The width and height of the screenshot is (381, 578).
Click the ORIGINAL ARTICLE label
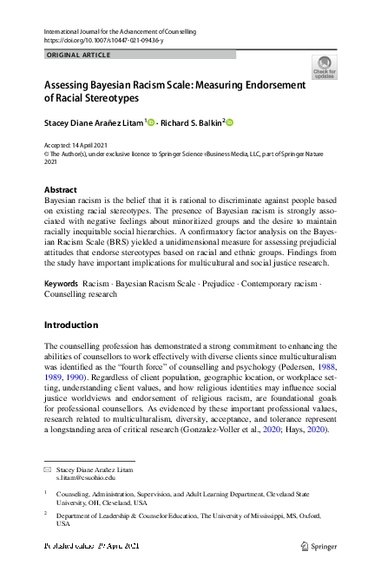point(77,55)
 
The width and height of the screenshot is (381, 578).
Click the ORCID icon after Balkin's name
point(230,122)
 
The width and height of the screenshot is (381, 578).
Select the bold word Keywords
point(61,259)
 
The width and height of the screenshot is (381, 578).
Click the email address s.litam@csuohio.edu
point(85,478)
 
